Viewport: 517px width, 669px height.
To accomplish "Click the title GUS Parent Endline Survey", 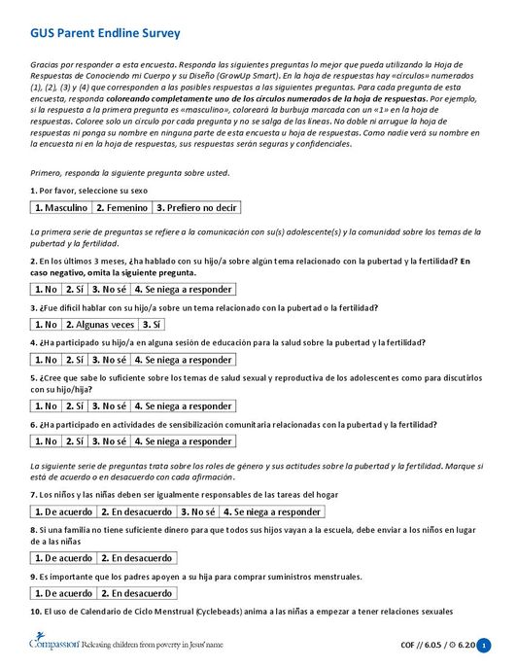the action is coord(105,34).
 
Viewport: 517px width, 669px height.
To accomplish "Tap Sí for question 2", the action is coord(75,289).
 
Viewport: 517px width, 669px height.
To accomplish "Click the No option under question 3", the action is coord(46,324).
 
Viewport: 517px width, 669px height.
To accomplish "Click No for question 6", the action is coord(46,440).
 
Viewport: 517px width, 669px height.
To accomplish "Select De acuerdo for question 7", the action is coord(63,511).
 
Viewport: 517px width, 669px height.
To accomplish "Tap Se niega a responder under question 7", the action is coord(271,511).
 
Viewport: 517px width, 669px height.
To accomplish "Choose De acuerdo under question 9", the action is coord(63,593).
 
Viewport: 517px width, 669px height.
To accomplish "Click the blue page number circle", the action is coord(484,645).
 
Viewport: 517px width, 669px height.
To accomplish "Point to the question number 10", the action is coord(36,612).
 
